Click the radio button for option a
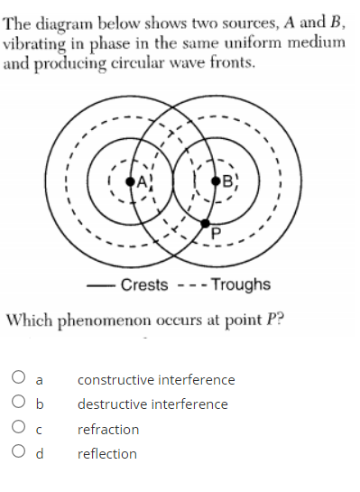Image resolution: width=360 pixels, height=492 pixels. pyautogui.click(x=19, y=380)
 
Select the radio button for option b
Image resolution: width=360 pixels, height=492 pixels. pyautogui.click(x=19, y=404)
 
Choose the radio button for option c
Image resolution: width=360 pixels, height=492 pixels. pyautogui.click(x=19, y=429)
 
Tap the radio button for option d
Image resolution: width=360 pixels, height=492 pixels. pyautogui.click(x=19, y=453)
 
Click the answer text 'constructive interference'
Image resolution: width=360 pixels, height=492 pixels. pyautogui.click(x=156, y=380)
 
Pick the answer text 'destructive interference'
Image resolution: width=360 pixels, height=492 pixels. pyautogui.click(x=152, y=404)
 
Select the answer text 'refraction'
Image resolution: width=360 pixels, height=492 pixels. pyautogui.click(x=108, y=429)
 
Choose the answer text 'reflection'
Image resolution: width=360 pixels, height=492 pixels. pyautogui.click(x=107, y=453)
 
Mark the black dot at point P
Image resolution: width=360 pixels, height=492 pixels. pyautogui.click(x=206, y=222)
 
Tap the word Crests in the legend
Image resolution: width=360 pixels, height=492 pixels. pyautogui.click(x=144, y=284)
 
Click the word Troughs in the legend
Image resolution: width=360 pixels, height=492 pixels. pyautogui.click(x=241, y=284)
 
